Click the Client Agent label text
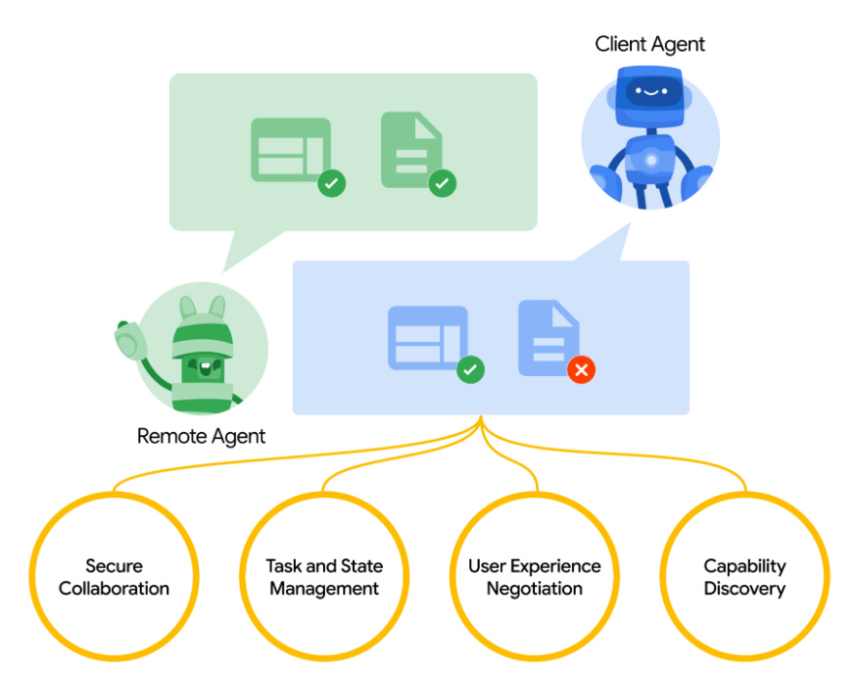coord(649,44)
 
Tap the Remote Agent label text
coord(201,436)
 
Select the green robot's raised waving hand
coord(129,339)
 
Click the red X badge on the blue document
coord(582,369)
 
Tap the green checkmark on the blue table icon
coord(471,369)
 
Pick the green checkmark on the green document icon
coord(444,182)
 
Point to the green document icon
coord(410,149)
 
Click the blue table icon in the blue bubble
coord(427,337)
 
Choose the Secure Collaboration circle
coord(114,577)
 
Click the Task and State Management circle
coord(324,577)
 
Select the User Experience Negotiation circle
coord(535,577)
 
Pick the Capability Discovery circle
coord(744,577)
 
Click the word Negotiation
coord(535,589)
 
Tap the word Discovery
coord(744,589)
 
